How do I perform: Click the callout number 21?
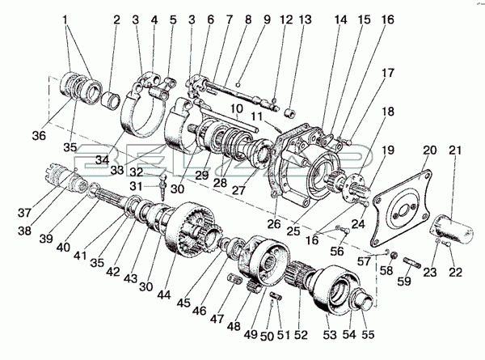pyautogui.click(x=455, y=150)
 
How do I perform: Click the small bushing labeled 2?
pyautogui.click(x=111, y=100)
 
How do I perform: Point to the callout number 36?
pyautogui.click(x=40, y=136)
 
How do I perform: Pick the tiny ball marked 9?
pyautogui.click(x=238, y=84)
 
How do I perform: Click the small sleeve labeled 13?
pyautogui.click(x=291, y=113)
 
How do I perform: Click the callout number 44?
pyautogui.click(x=163, y=295)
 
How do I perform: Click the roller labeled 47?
pyautogui.click(x=234, y=278)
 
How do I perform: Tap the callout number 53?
pyautogui.click(x=330, y=335)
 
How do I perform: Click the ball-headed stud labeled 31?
pyautogui.click(x=162, y=187)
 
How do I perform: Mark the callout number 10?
pyautogui.click(x=237, y=108)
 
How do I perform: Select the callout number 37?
pyautogui.click(x=24, y=213)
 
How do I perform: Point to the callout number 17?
pyautogui.click(x=387, y=73)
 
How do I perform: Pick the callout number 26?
pyautogui.click(x=274, y=223)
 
